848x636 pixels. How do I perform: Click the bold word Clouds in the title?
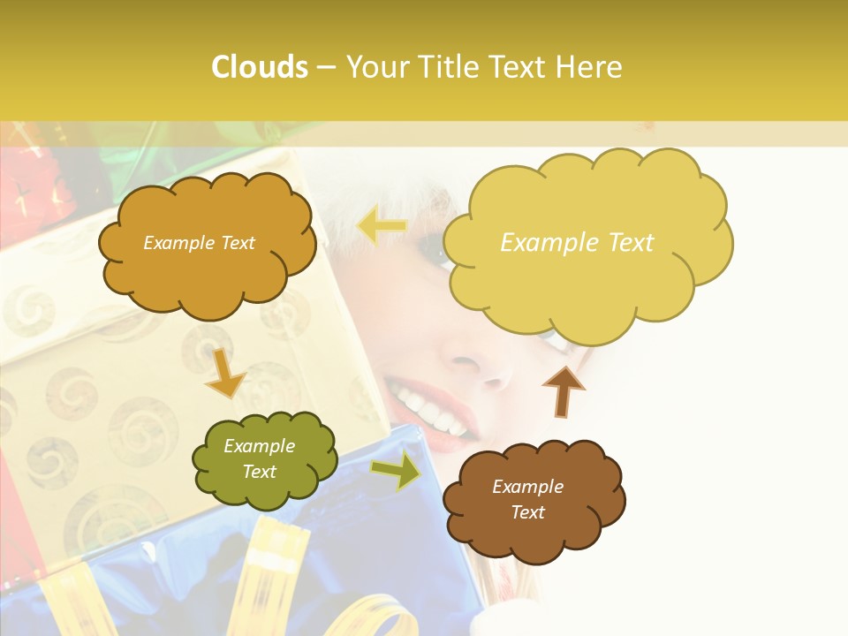[260, 67]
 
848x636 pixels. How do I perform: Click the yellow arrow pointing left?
[382, 227]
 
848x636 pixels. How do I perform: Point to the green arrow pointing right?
[396, 471]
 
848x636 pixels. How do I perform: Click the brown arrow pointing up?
[563, 390]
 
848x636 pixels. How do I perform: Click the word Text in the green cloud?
[260, 472]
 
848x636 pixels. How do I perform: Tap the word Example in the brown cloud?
[527, 487]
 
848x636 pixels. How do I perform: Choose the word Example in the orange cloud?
[176, 243]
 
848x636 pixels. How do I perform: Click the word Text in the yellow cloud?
[622, 243]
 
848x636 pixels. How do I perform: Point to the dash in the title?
[326, 67]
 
